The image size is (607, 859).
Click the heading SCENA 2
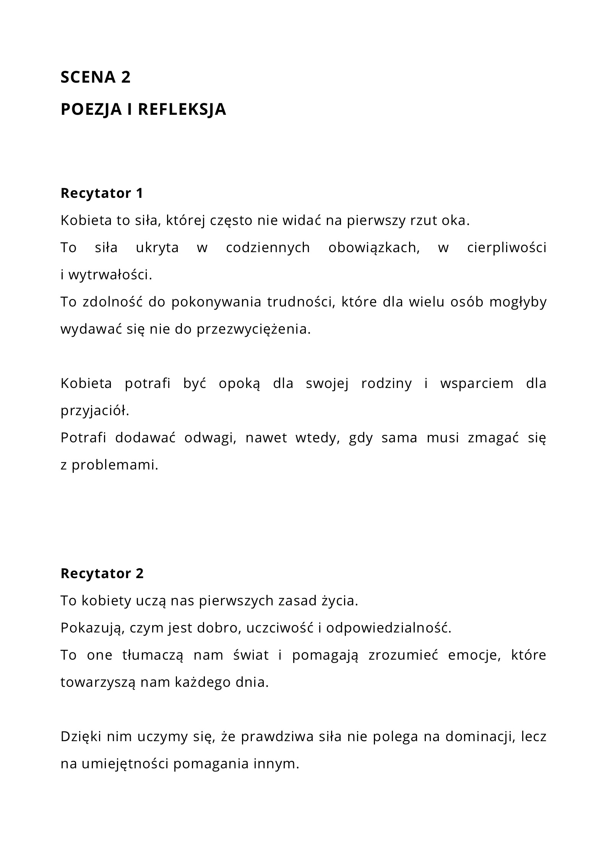tap(96, 77)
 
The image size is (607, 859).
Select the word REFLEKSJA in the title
tap(182, 109)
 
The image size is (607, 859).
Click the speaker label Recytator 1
tap(102, 193)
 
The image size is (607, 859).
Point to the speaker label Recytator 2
tap(102, 574)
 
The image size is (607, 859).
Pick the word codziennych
tap(268, 248)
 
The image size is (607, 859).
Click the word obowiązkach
tap(374, 248)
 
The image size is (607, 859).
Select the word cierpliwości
tap(507, 248)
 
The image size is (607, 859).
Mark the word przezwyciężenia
tap(254, 329)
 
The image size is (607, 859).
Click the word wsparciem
tap(477, 384)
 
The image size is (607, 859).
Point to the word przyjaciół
tap(95, 411)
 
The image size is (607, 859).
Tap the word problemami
tap(115, 465)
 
